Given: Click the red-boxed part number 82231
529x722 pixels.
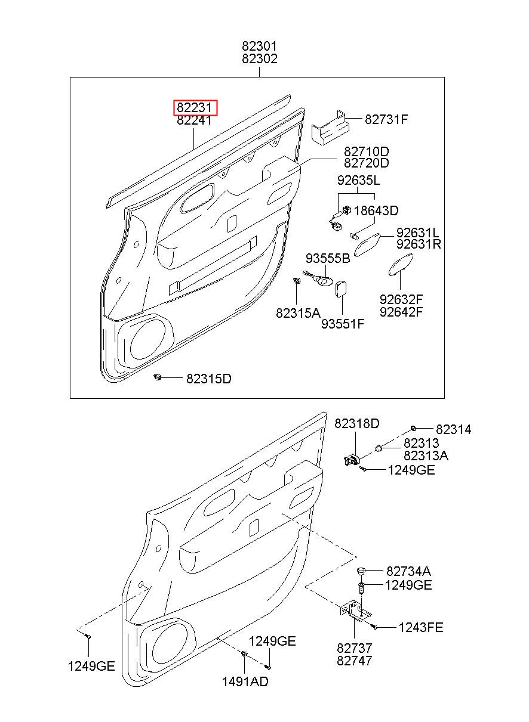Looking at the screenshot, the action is click(195, 108).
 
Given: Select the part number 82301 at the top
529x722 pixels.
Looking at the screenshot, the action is click(260, 47).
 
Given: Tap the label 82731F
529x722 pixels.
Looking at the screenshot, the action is click(386, 119).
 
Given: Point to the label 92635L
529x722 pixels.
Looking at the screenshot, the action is click(359, 181).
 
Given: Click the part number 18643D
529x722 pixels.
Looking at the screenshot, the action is click(376, 211).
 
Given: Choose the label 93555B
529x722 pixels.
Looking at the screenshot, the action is click(328, 258).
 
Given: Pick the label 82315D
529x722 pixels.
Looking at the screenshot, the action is click(209, 379).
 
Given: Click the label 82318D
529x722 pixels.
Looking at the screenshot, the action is click(356, 423).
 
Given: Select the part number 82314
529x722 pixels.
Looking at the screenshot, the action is click(453, 429).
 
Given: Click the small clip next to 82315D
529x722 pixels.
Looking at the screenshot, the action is click(158, 376).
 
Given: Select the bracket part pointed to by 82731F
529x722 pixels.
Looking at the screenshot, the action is click(330, 128).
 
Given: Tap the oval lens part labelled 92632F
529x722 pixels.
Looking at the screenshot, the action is click(400, 265).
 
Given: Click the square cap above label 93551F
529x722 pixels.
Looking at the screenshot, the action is click(341, 289).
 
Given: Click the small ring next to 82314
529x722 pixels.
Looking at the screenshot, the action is click(413, 428).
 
